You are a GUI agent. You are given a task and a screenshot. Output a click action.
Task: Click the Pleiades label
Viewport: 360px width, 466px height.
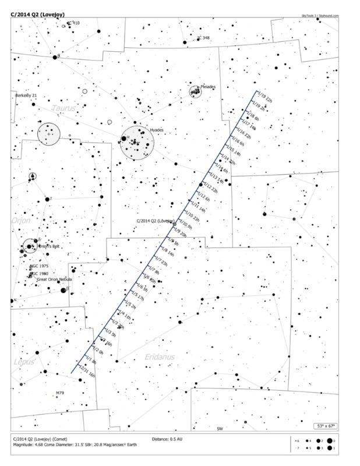click(x=208, y=87)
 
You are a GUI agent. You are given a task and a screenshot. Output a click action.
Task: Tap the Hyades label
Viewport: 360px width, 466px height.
click(x=157, y=130)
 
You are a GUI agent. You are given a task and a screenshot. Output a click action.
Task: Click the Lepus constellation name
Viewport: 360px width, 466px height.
click(x=23, y=362)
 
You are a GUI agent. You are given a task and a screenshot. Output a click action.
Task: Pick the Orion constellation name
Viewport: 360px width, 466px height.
click(x=20, y=221)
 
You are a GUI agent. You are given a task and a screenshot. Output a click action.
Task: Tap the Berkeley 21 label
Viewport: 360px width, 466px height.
click(x=26, y=95)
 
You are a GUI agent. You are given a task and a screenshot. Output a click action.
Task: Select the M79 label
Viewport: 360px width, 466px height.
click(x=59, y=393)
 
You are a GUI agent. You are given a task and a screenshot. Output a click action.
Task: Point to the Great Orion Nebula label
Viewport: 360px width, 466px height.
click(x=54, y=280)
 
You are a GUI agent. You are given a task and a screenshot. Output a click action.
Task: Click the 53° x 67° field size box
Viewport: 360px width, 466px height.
click(x=326, y=426)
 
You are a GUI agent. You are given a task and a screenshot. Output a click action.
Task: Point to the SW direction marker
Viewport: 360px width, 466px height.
click(x=220, y=429)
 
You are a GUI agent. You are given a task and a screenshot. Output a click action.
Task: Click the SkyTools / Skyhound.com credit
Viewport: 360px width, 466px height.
click(x=320, y=16)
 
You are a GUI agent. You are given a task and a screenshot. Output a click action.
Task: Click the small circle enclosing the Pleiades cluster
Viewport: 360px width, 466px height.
click(x=195, y=91)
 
